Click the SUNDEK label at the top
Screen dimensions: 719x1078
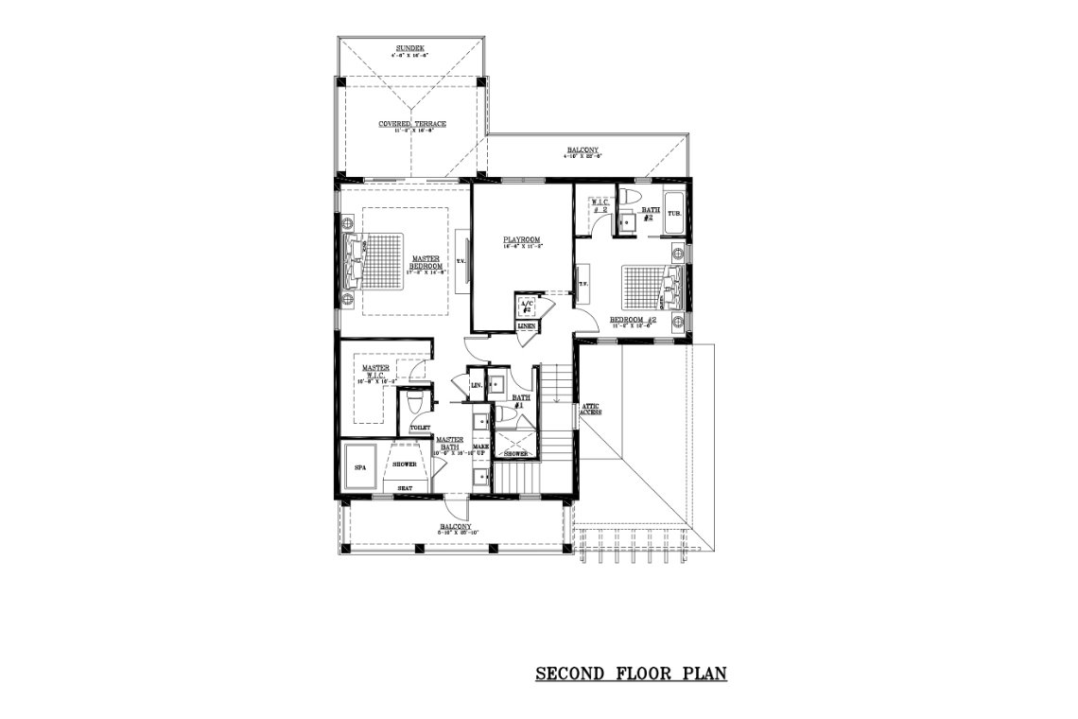[x=410, y=47]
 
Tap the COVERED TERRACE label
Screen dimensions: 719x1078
[x=412, y=124]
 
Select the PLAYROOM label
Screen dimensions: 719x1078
[x=521, y=240]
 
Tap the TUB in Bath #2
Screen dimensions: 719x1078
[x=674, y=214]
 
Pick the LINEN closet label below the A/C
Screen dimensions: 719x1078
[x=527, y=326]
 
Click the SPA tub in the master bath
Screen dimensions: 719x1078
[x=360, y=467]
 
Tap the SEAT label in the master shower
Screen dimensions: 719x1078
[x=404, y=488]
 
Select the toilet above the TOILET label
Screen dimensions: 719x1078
[x=412, y=405]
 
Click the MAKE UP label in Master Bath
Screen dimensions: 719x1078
[x=480, y=450]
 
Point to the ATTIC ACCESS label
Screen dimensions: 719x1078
[x=592, y=409]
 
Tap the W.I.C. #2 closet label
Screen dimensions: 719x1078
[x=598, y=205]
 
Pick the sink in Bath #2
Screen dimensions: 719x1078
[x=625, y=221]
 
